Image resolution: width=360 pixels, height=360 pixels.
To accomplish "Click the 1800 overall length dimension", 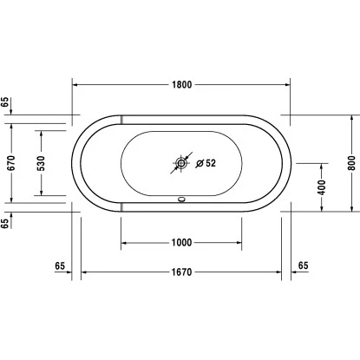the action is click(181, 85).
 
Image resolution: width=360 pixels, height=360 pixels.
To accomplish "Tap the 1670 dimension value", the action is click(181, 272).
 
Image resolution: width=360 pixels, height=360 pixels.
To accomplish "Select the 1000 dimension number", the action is click(181, 242).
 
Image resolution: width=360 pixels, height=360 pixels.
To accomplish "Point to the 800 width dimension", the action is click(351, 163).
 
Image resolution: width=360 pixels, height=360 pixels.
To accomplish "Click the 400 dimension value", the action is click(322, 187).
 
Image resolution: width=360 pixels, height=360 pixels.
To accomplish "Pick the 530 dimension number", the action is click(42, 163).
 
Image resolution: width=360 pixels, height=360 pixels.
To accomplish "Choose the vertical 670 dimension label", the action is click(11, 163).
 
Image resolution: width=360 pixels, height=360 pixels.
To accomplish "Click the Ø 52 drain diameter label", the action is click(206, 163).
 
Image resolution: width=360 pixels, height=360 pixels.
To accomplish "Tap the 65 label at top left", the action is click(5, 102).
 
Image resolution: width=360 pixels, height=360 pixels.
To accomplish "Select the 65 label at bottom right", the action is click(303, 265).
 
